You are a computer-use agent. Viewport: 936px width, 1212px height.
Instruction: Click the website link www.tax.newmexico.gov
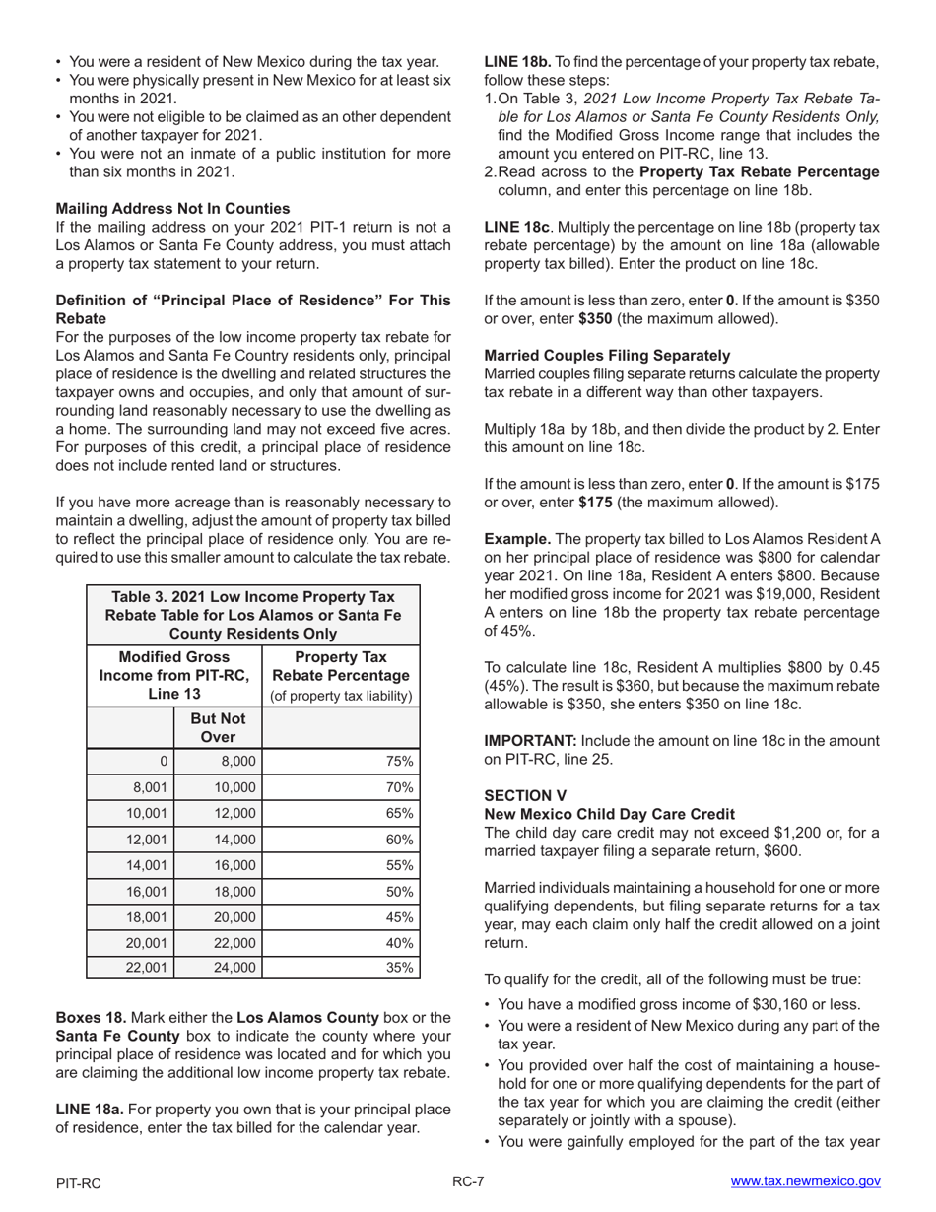805,1182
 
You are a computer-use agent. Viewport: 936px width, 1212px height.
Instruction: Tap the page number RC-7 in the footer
468,1182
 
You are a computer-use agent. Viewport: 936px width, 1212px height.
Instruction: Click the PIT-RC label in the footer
79,1183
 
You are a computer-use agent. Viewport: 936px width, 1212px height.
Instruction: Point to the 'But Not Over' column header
218,727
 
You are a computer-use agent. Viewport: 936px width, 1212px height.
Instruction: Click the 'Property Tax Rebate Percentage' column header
340,676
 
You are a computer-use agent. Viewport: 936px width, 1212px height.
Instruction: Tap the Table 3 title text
253,615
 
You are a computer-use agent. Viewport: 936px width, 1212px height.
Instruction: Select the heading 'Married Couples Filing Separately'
607,355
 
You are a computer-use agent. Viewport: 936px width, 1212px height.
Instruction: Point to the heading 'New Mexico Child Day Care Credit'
609,814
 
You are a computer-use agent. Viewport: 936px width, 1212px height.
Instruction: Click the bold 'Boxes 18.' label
92,1017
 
